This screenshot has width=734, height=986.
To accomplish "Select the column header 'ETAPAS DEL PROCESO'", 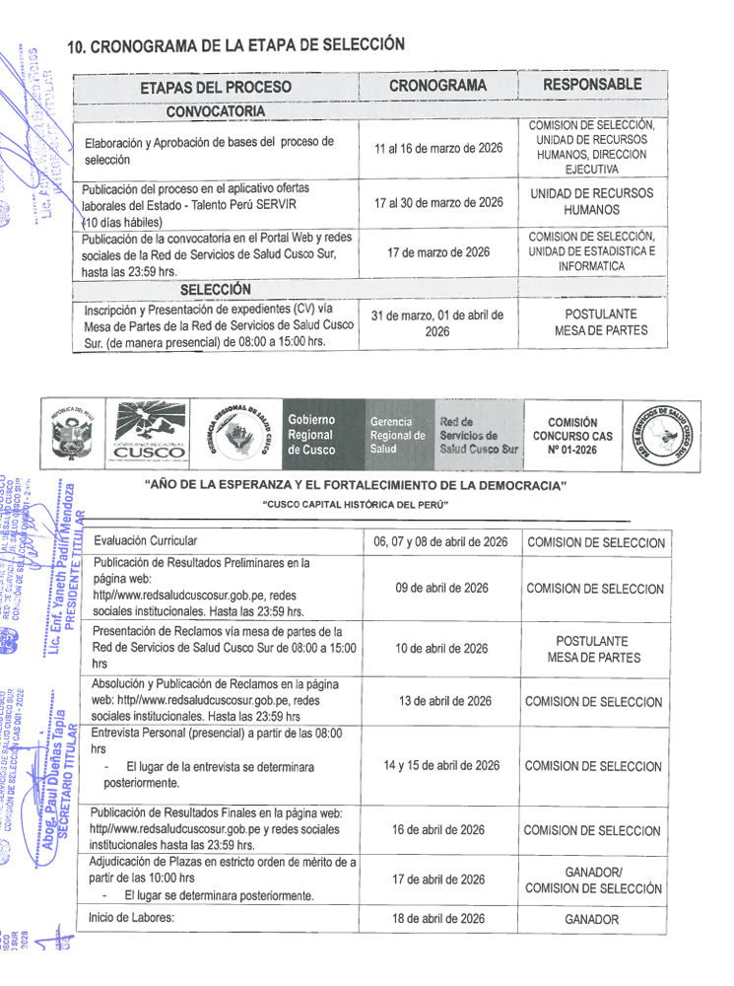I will point(216,87).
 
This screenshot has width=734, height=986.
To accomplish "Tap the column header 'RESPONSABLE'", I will point(591,85).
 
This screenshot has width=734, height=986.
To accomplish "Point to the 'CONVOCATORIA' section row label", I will point(216,110).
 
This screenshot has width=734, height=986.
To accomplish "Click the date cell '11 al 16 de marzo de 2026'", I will point(438,148).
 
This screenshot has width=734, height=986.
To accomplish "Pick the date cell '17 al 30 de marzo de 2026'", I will point(438,202).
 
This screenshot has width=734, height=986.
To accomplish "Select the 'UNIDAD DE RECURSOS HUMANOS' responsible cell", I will point(591,202).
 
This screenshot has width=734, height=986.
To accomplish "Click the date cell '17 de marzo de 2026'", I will point(438,252).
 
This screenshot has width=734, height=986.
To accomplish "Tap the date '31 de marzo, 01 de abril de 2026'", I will point(437,323).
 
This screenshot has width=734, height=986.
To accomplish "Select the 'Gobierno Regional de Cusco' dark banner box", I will point(321,435).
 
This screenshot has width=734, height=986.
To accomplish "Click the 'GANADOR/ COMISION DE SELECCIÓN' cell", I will point(593,880).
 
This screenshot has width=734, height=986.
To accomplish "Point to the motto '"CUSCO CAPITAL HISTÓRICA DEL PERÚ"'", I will point(356,505).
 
